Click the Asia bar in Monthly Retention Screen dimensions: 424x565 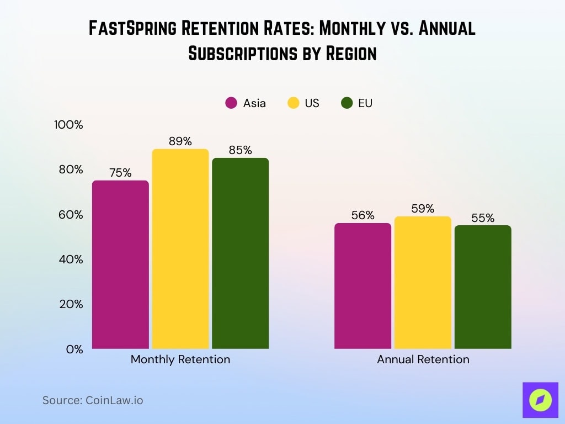tap(120, 264)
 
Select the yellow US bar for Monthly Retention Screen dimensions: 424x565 tap(180, 249)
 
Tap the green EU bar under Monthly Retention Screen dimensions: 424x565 tap(240, 253)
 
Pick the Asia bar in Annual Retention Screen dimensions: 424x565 tap(363, 286)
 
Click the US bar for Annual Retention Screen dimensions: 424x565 tap(423, 283)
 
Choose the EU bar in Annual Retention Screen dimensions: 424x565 tap(483, 287)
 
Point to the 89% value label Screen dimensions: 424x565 tap(180, 141)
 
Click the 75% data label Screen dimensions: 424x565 tap(120, 173)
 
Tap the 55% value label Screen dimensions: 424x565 tap(483, 218)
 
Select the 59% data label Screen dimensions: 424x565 tap(423, 209)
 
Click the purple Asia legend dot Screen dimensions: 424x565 tap(231, 103)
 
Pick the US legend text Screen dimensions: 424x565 tap(312, 103)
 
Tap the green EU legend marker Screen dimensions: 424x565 tap(347, 103)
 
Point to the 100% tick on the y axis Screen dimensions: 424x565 tap(68, 125)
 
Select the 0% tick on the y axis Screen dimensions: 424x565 tap(74, 349)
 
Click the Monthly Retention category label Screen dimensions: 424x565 tap(180, 359)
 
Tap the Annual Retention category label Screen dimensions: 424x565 tap(423, 359)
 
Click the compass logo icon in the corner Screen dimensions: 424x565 tap(540, 399)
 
